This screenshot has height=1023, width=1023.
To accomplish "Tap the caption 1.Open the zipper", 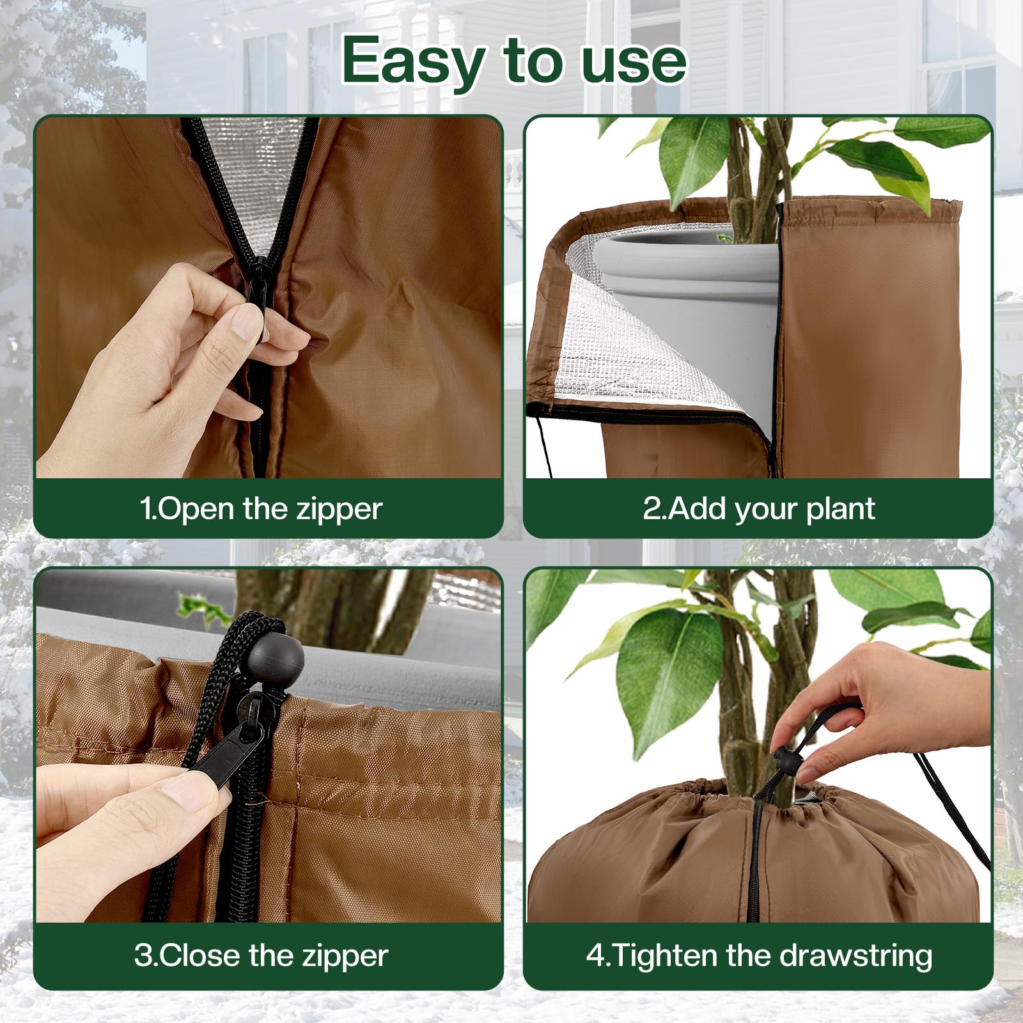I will (x=261, y=509).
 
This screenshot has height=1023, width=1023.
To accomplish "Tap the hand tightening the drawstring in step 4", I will (x=882, y=703).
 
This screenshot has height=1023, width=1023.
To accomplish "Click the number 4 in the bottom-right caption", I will (x=595, y=956).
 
